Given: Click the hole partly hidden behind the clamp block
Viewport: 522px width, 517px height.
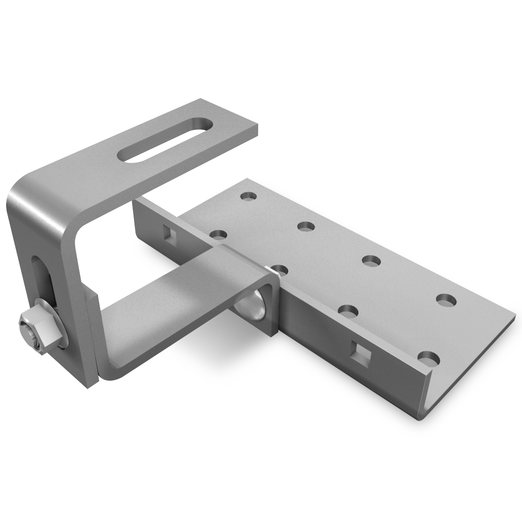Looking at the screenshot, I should coord(280,269).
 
